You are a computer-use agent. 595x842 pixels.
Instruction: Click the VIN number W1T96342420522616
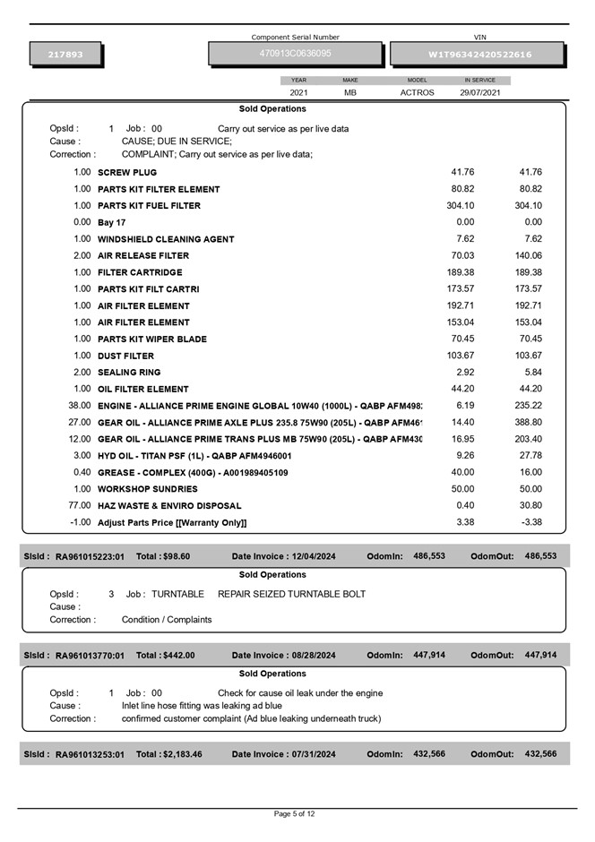[x=479, y=55]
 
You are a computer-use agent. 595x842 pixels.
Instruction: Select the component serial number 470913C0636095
[x=295, y=54]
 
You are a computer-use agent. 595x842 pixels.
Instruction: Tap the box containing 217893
[x=65, y=55]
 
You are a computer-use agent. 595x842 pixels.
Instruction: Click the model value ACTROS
[x=417, y=92]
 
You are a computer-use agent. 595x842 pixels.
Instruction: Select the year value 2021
[x=298, y=92]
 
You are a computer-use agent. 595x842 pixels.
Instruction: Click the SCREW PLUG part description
[x=126, y=172]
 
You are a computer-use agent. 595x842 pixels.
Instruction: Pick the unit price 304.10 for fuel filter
[x=460, y=205]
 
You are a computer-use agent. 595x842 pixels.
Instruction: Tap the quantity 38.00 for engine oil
[x=80, y=406]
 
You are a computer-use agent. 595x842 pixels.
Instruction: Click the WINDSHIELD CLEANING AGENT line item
[x=166, y=239]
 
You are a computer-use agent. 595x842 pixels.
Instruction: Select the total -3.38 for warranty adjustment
[x=531, y=522]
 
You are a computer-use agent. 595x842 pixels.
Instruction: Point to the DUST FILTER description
[x=125, y=356]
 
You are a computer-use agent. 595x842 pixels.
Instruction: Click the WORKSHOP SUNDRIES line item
[x=148, y=489]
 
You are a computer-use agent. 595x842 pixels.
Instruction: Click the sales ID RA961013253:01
[x=90, y=754]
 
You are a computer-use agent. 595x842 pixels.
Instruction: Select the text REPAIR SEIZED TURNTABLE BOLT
[x=291, y=594]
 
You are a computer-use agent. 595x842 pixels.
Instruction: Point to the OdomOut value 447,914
[x=540, y=655]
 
